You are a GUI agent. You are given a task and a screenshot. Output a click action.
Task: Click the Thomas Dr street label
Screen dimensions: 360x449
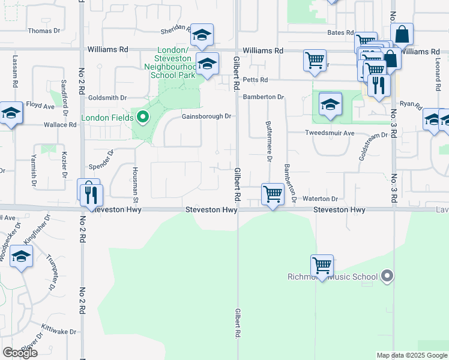(44, 31)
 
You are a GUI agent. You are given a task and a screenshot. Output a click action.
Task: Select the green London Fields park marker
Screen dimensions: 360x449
(143, 117)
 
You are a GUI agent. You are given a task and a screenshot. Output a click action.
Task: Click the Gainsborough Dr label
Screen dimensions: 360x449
(206, 116)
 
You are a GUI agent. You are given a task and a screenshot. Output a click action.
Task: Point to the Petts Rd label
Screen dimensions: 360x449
(255, 80)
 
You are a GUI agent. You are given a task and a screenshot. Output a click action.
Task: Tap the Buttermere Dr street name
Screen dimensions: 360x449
(268, 142)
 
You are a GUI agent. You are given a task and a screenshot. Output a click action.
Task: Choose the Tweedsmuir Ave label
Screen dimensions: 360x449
(330, 133)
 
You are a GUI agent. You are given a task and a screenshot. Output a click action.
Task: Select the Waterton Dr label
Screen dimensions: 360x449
(321, 199)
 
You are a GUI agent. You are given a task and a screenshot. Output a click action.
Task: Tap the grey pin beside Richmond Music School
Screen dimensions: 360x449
(387, 277)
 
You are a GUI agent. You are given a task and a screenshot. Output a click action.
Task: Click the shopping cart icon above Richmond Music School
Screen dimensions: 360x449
(322, 265)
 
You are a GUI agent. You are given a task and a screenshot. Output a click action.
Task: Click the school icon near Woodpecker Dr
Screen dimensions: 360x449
(22, 257)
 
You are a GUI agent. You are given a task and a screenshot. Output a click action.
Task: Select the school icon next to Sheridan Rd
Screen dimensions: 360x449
(202, 35)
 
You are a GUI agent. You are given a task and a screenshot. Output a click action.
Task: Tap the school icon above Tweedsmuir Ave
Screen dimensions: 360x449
(330, 104)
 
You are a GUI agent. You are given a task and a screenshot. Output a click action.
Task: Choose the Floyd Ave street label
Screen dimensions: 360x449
(41, 106)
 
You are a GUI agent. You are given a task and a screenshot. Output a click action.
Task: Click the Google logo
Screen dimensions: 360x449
(20, 353)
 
